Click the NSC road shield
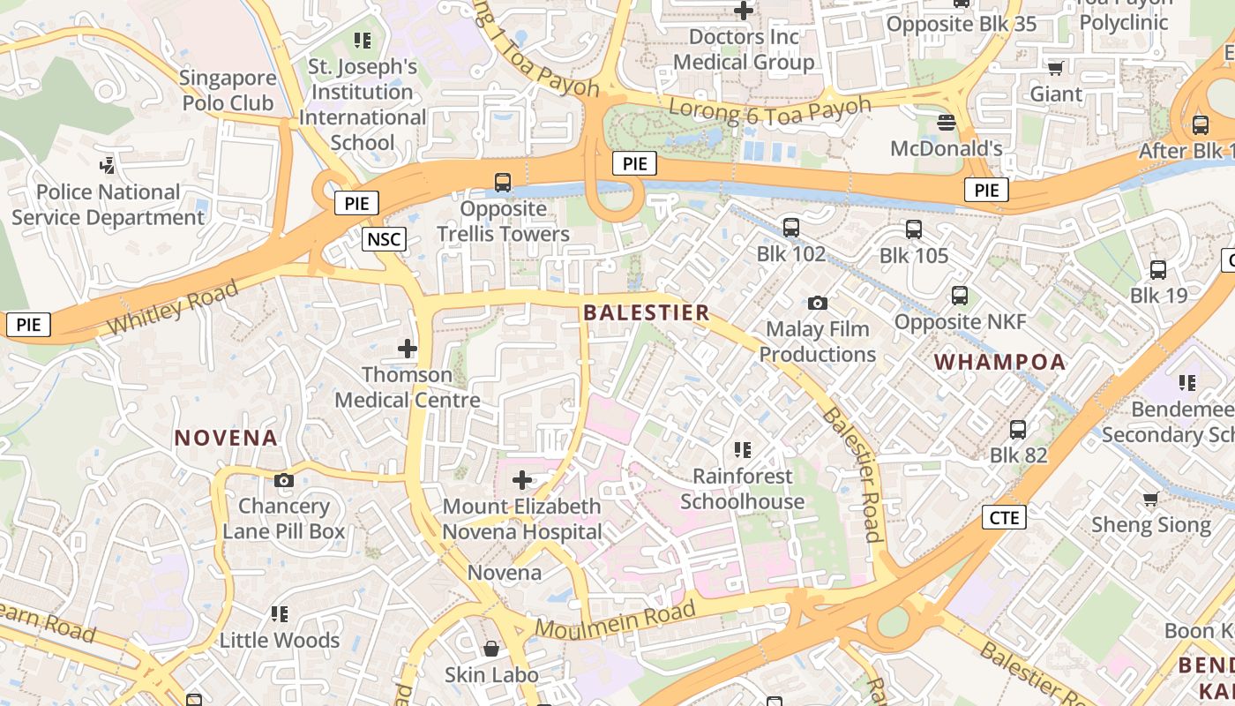(x=384, y=238)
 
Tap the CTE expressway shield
(x=1004, y=517)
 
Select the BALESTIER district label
(x=647, y=312)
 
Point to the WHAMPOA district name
(x=1000, y=362)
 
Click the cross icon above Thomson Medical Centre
(x=407, y=349)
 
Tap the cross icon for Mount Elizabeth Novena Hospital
(x=522, y=480)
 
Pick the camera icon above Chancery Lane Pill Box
(x=283, y=481)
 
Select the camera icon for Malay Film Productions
(x=818, y=303)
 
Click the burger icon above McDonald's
(x=947, y=122)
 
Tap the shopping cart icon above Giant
(x=1055, y=68)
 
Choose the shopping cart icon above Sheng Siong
(x=1150, y=499)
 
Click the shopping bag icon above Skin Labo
(x=491, y=650)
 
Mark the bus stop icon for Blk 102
(x=791, y=228)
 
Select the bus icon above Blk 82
(x=1018, y=430)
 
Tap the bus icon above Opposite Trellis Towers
(x=503, y=183)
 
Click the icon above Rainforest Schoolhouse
(x=743, y=450)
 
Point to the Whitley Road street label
(x=173, y=307)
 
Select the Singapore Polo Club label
(x=228, y=90)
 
